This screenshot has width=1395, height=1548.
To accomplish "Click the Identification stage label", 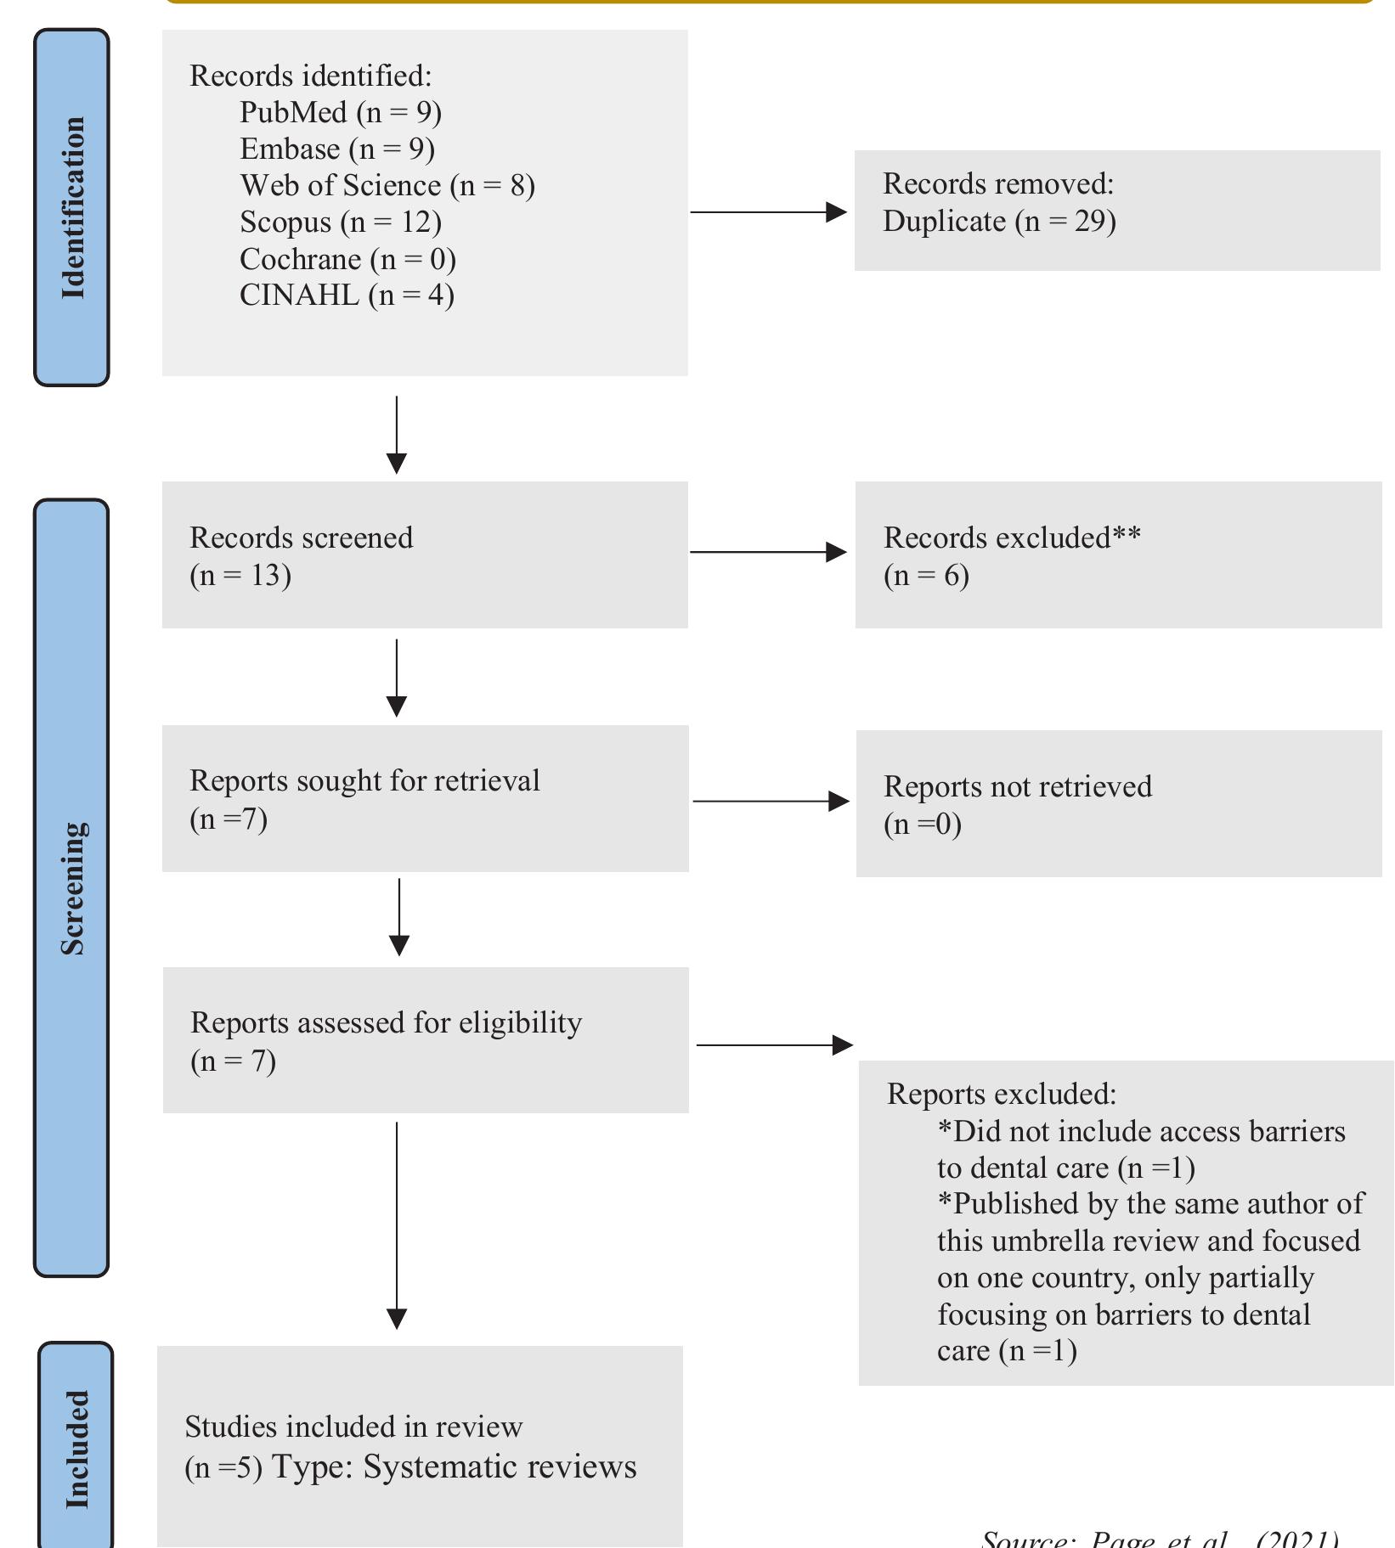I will (72, 208).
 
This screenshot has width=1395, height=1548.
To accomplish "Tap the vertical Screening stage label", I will (72, 887).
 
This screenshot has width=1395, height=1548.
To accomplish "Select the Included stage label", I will (76, 1449).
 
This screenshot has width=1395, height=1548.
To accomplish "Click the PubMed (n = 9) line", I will (340, 112).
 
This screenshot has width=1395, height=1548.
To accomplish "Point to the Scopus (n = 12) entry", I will (340, 222).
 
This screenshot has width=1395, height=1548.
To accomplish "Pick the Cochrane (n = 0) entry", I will (347, 258).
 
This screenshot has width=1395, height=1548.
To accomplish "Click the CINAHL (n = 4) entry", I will (347, 295).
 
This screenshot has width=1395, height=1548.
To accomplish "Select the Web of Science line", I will (387, 185).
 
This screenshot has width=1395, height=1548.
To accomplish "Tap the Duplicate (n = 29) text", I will (998, 221).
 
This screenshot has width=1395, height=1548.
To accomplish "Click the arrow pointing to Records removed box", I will (769, 211).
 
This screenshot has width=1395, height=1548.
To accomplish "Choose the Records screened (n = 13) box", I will (424, 555).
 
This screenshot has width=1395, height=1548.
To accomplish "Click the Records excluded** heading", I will (1011, 538).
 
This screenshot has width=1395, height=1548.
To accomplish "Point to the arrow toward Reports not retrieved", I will (771, 801).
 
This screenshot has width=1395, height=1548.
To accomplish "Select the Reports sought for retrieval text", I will (364, 780).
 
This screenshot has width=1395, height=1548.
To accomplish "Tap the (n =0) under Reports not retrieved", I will (922, 824).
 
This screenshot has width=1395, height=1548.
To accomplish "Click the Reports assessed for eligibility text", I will (386, 1022).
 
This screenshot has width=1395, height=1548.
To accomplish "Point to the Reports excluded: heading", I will (1001, 1094).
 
